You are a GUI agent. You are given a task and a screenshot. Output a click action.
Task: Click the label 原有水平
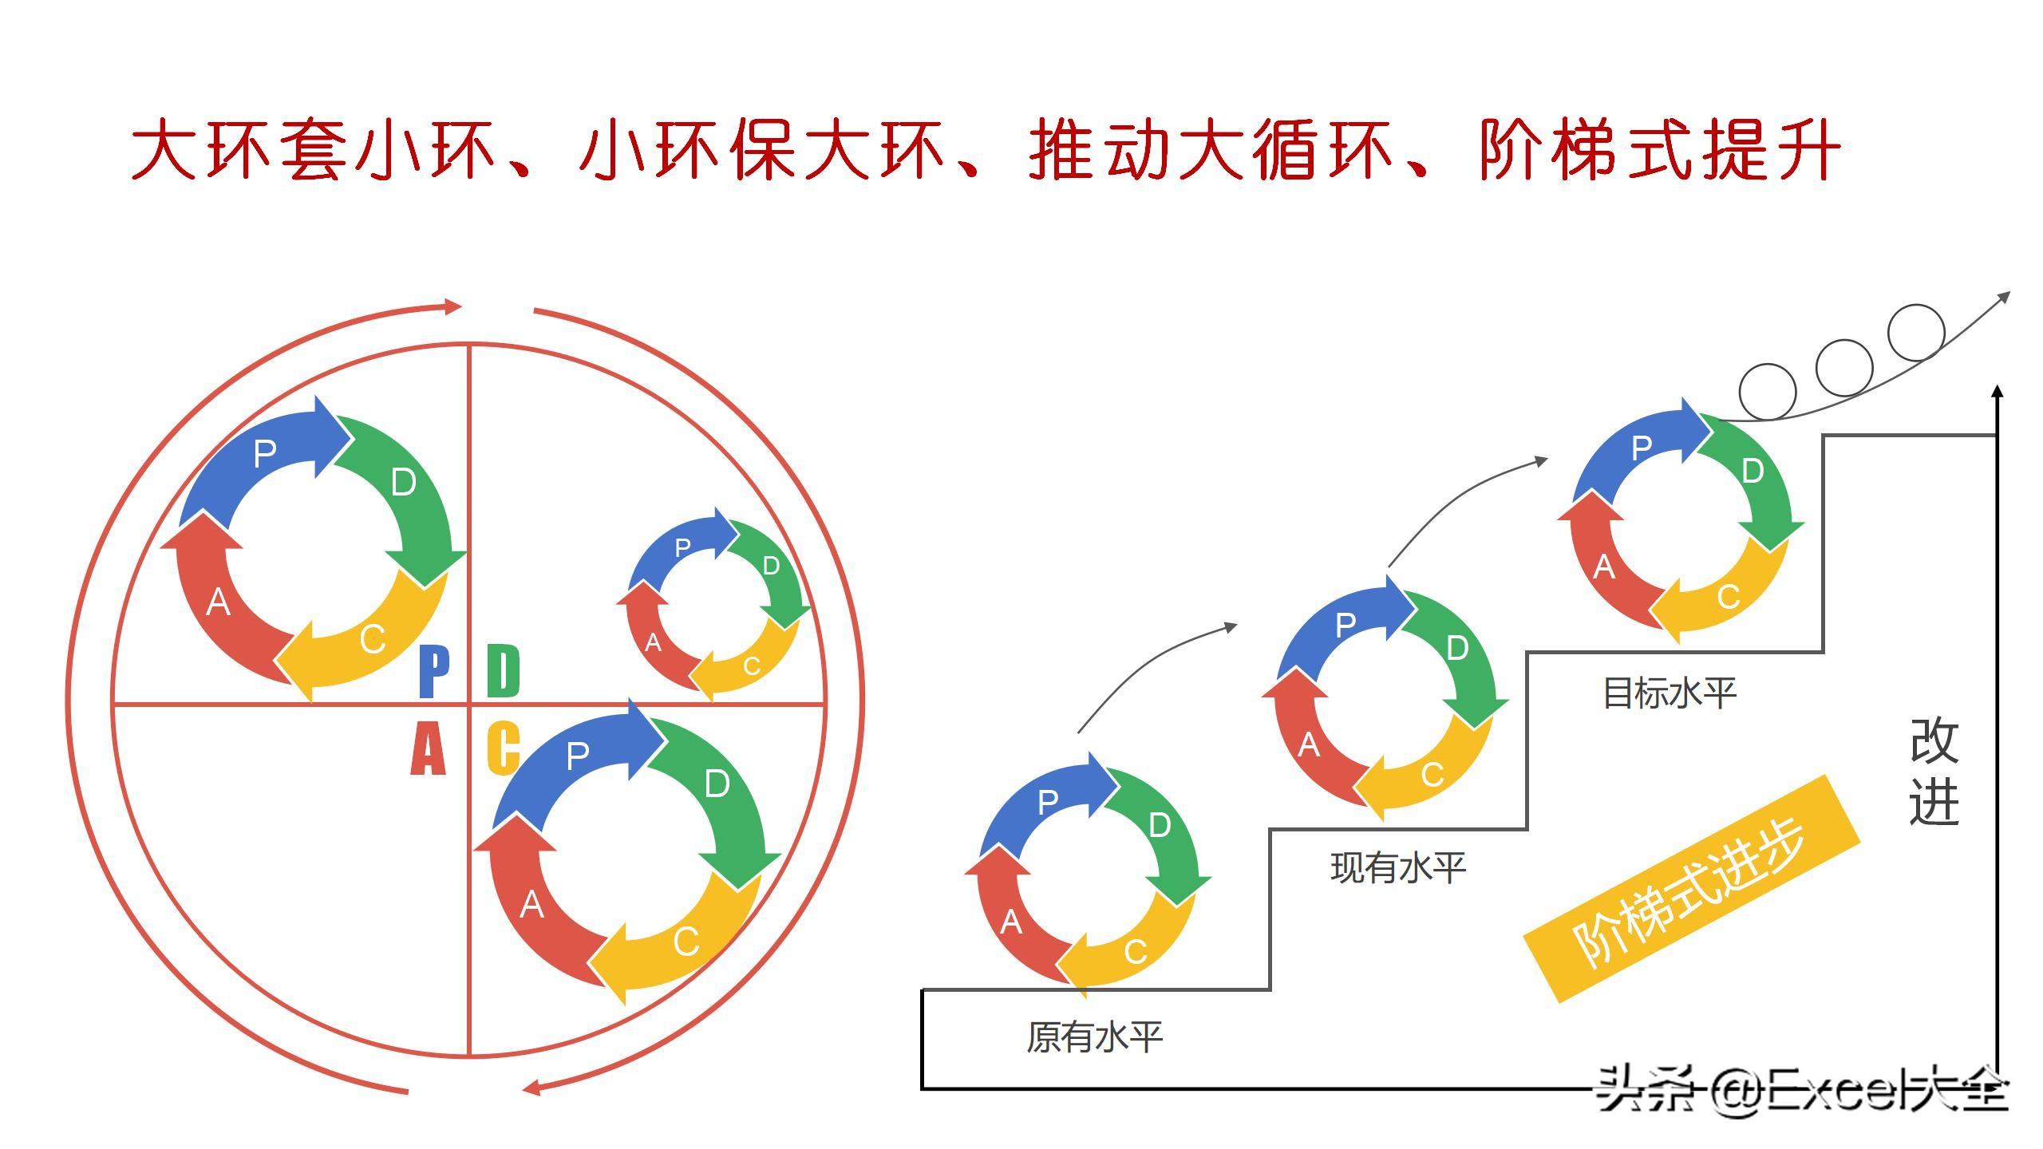point(1094,1037)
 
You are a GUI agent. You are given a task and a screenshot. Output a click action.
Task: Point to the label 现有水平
point(1398,867)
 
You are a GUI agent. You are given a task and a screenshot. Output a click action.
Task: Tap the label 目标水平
point(1670,693)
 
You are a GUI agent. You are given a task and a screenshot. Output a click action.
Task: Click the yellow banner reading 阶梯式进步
point(1692,887)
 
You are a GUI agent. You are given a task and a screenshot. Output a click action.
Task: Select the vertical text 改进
point(1934,770)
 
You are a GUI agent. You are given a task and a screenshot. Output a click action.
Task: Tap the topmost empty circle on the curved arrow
point(1915,332)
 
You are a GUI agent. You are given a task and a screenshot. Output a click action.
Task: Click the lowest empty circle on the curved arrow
point(1768,391)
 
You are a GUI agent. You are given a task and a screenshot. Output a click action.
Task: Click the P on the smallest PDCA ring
point(682,547)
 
